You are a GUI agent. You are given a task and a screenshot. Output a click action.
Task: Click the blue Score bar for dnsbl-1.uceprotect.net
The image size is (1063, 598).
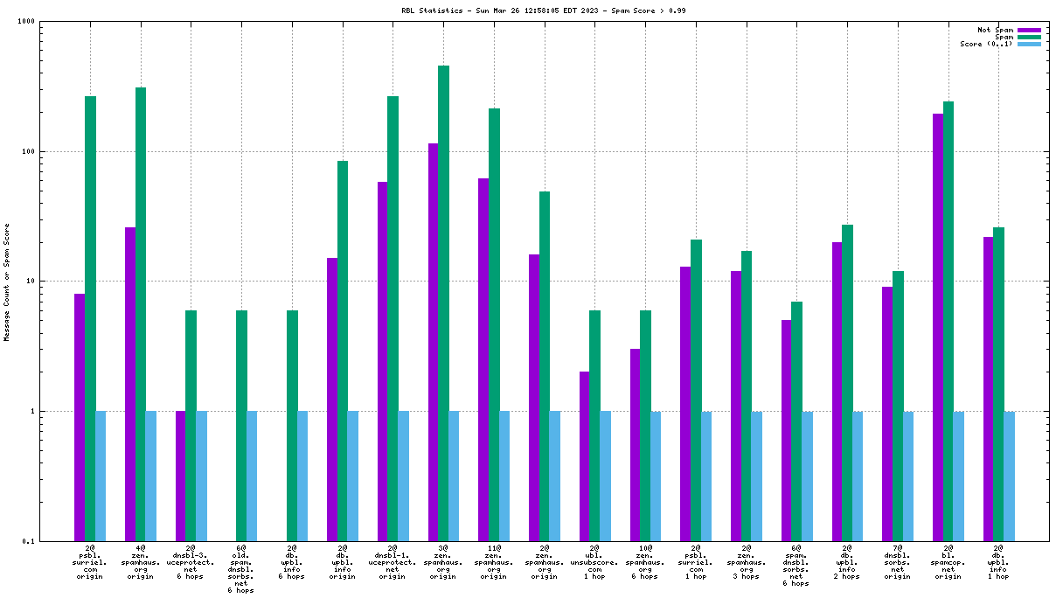click(x=403, y=476)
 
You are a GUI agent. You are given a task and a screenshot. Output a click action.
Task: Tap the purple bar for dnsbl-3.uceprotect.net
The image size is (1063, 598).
click(x=181, y=476)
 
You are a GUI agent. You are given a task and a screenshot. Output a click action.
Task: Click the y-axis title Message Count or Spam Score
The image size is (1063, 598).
click(x=7, y=282)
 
